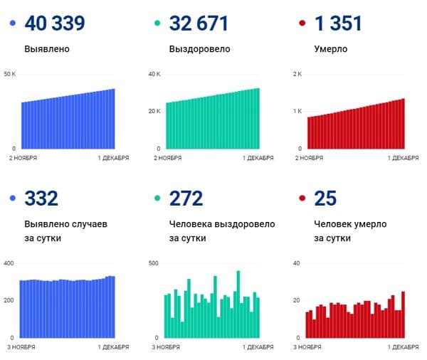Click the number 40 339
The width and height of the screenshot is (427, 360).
(x=55, y=23)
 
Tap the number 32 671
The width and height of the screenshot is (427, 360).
(x=199, y=23)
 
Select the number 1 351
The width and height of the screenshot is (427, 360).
(x=338, y=23)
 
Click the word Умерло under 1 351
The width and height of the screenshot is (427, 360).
(x=331, y=51)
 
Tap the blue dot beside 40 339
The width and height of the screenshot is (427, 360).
(x=13, y=23)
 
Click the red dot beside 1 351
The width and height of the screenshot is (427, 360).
(x=302, y=23)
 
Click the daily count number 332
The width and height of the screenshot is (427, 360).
(x=41, y=198)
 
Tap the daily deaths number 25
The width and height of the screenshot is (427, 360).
(x=325, y=198)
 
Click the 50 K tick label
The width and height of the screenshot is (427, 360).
(x=11, y=74)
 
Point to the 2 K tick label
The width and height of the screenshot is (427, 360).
(x=297, y=74)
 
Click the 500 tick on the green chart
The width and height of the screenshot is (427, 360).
(x=154, y=263)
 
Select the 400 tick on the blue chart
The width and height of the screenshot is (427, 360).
(x=9, y=263)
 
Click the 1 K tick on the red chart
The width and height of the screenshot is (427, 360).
(x=297, y=112)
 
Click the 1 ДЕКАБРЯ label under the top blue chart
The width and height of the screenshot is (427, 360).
(x=113, y=158)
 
